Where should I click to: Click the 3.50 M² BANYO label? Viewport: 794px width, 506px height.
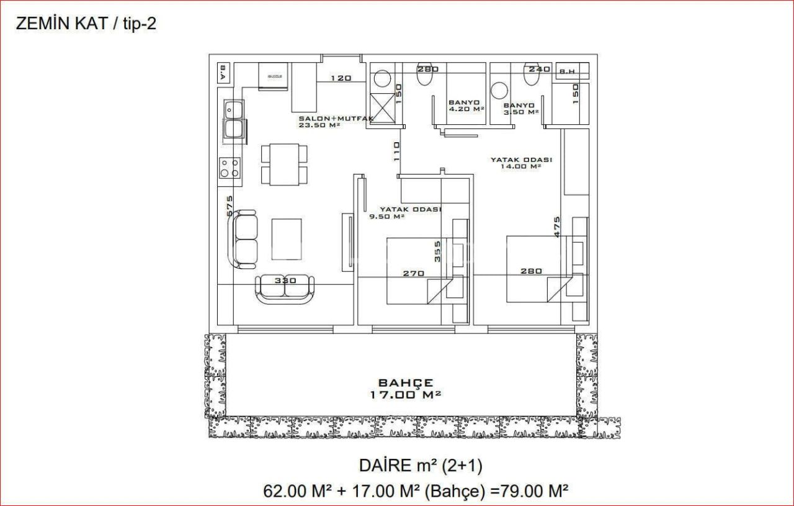click(x=520, y=109)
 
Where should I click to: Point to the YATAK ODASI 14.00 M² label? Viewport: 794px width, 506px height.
click(x=521, y=163)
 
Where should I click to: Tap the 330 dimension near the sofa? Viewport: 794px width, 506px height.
click(x=285, y=280)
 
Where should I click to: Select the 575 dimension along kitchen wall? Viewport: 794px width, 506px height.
click(x=229, y=206)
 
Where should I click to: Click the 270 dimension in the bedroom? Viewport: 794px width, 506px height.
click(x=413, y=273)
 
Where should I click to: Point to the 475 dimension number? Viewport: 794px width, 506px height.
click(x=556, y=227)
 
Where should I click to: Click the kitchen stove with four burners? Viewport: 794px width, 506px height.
click(x=230, y=168)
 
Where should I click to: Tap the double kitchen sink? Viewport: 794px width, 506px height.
click(x=234, y=120)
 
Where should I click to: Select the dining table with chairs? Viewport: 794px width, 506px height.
click(x=284, y=164)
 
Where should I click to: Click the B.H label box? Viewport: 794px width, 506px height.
click(x=567, y=71)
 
